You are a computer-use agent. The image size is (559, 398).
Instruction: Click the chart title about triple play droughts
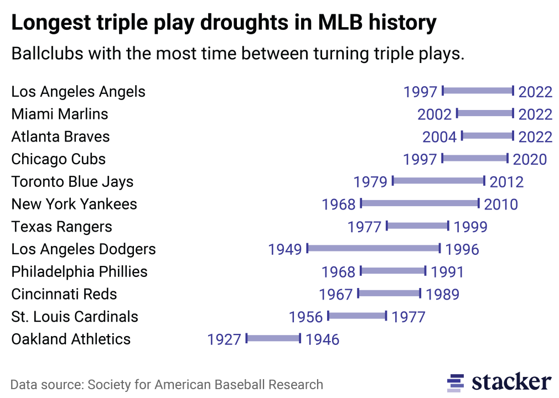click(224, 23)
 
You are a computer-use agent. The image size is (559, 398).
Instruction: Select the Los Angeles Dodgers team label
click(84, 249)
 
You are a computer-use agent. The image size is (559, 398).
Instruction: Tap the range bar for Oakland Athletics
click(273, 338)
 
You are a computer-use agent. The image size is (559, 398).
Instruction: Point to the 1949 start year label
click(285, 249)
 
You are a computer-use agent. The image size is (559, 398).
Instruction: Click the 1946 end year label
click(322, 339)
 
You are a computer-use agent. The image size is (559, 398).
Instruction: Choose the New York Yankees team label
click(74, 204)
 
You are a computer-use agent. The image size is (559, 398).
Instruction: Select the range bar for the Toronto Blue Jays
click(438, 181)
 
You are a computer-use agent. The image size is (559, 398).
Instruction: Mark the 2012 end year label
click(506, 182)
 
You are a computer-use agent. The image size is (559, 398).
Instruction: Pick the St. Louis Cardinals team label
click(75, 317)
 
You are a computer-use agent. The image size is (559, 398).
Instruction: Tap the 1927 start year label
click(224, 339)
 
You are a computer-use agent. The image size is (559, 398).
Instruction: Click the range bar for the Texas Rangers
click(417, 226)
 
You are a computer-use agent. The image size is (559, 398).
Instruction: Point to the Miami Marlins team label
click(60, 114)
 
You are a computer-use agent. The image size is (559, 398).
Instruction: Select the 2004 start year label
click(439, 137)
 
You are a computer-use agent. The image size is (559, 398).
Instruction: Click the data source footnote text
click(167, 384)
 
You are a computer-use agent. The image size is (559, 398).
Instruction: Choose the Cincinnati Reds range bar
click(389, 293)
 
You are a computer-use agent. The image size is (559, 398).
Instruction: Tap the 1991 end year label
click(447, 272)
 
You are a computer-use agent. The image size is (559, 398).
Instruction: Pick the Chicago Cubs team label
click(58, 159)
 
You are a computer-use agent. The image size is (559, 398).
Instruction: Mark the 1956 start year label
click(306, 317)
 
